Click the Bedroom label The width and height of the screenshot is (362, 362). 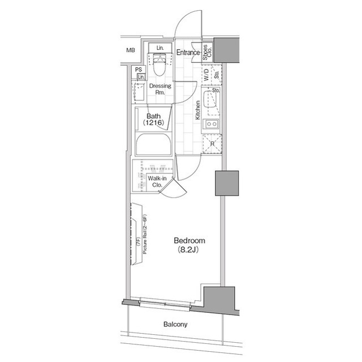(189, 240)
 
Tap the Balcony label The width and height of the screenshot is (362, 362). (175, 324)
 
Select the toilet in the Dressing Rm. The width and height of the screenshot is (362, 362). (160, 64)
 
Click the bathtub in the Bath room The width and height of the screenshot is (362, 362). (153, 144)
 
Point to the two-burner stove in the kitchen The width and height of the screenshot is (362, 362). (212, 124)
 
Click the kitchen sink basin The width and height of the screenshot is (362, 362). (209, 99)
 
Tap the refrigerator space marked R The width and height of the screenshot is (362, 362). (212, 144)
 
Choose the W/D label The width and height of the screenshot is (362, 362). (206, 75)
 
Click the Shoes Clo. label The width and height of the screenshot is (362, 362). (207, 53)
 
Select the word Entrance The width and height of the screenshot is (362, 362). (188, 53)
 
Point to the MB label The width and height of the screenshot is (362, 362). (131, 50)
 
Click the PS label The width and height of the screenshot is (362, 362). (139, 69)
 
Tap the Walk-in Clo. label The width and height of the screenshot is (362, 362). (157, 181)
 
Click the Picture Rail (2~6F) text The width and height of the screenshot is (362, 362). (145, 235)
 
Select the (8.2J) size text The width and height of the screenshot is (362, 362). (188, 250)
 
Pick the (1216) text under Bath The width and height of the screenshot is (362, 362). (153, 122)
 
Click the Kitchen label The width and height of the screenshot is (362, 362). (197, 110)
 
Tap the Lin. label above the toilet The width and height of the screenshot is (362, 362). (160, 48)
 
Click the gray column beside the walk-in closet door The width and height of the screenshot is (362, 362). (227, 183)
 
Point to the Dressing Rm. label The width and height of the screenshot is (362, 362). (160, 89)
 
